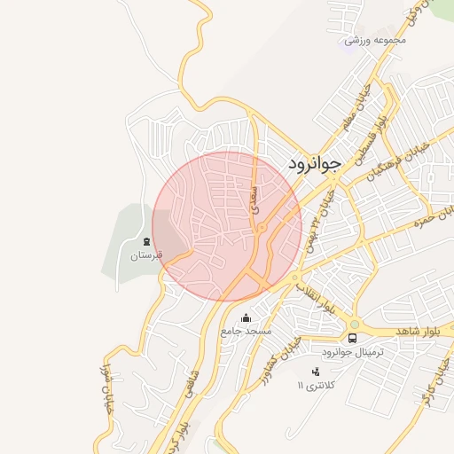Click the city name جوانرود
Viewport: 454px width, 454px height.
click(315, 165)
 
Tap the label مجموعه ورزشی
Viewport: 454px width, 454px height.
click(375, 40)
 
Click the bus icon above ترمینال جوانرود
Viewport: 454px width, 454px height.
click(353, 338)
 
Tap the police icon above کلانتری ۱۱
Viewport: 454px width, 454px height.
click(316, 372)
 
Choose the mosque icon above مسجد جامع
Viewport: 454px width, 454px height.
click(246, 317)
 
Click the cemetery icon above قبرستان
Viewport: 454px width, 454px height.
click(145, 241)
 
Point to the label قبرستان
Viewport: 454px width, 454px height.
click(148, 255)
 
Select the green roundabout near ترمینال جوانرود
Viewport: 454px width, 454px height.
click(355, 324)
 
